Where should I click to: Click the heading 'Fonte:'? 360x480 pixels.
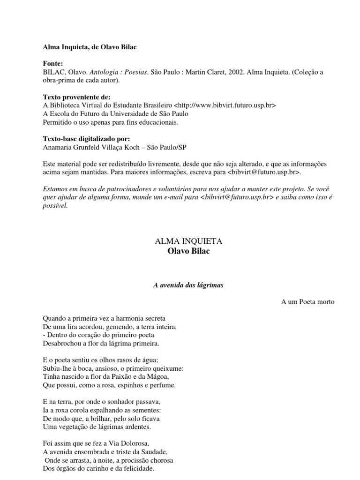pos(52,63)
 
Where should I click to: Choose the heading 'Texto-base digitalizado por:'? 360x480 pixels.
pos(86,139)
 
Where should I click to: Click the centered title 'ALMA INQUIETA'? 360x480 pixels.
pos(188,241)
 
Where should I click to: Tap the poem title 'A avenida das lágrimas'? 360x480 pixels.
pos(188,285)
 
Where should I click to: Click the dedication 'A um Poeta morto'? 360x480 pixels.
pos(308,302)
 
